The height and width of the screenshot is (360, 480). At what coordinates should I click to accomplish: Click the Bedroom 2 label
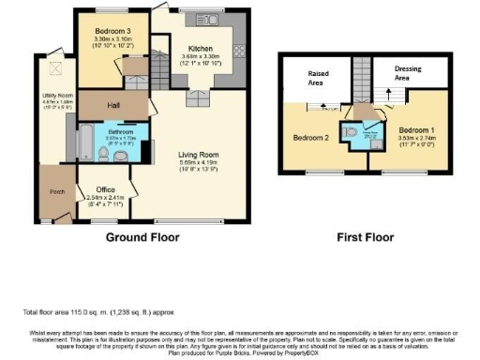[x=311, y=137]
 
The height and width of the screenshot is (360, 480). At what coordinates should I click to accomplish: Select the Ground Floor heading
[x=142, y=237]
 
